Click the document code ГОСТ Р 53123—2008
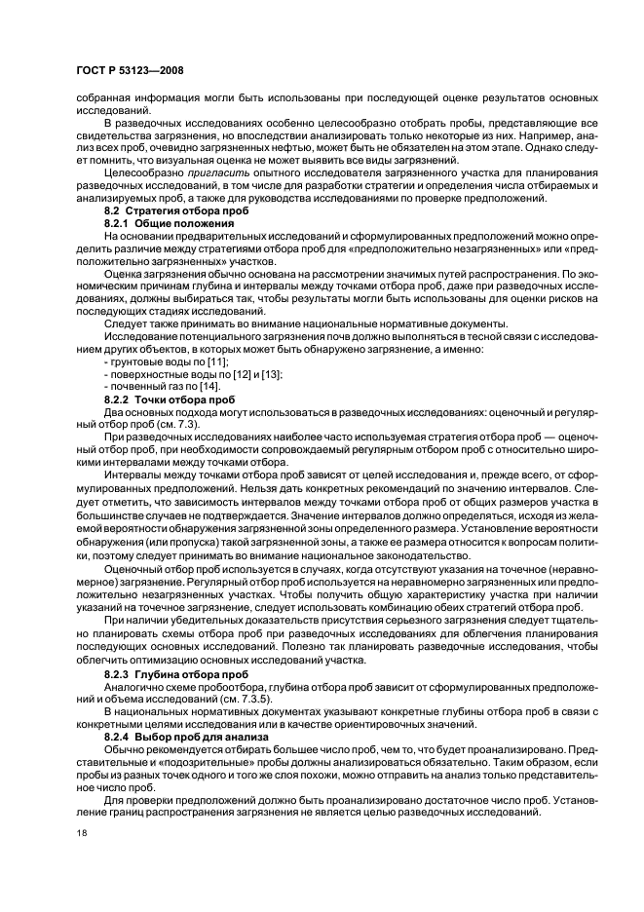pyautogui.click(x=129, y=69)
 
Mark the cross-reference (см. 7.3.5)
pyautogui.click(x=240, y=699)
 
